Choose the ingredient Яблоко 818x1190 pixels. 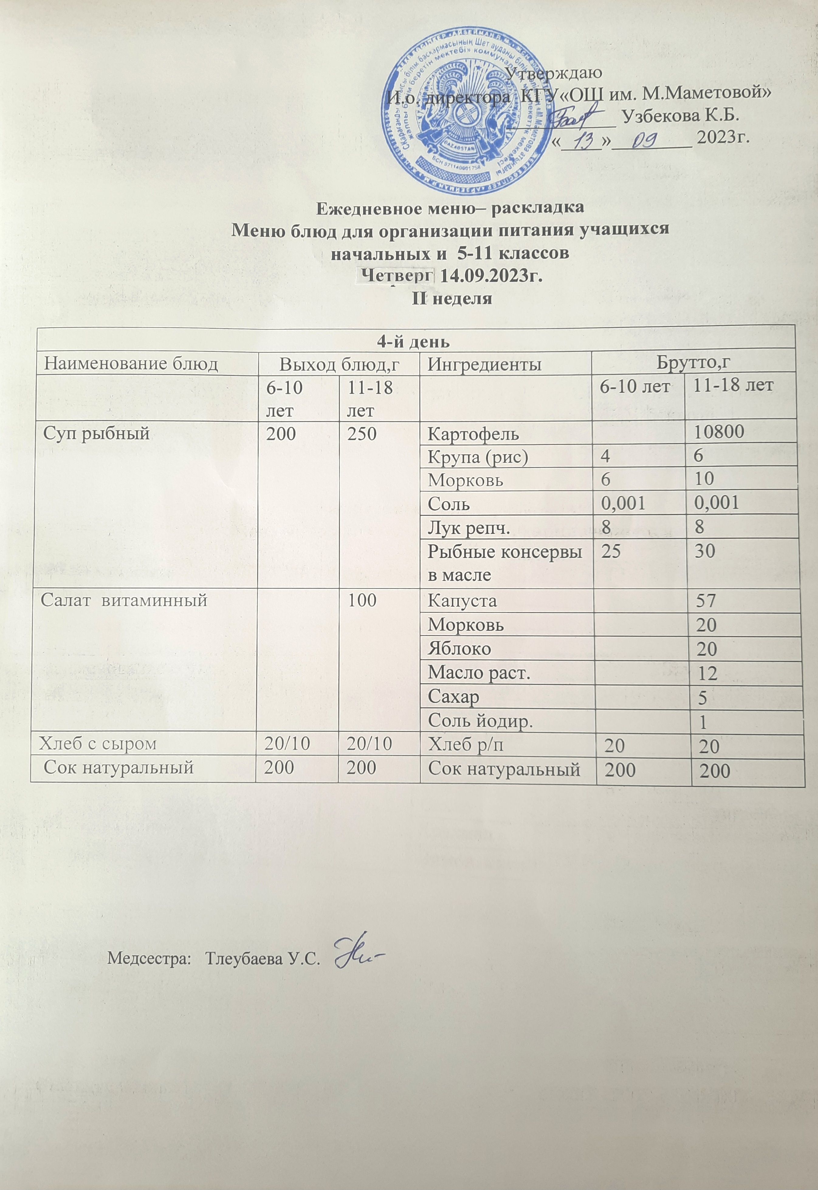pyautogui.click(x=459, y=649)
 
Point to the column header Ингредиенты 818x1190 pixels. pyautogui.click(x=484, y=364)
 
